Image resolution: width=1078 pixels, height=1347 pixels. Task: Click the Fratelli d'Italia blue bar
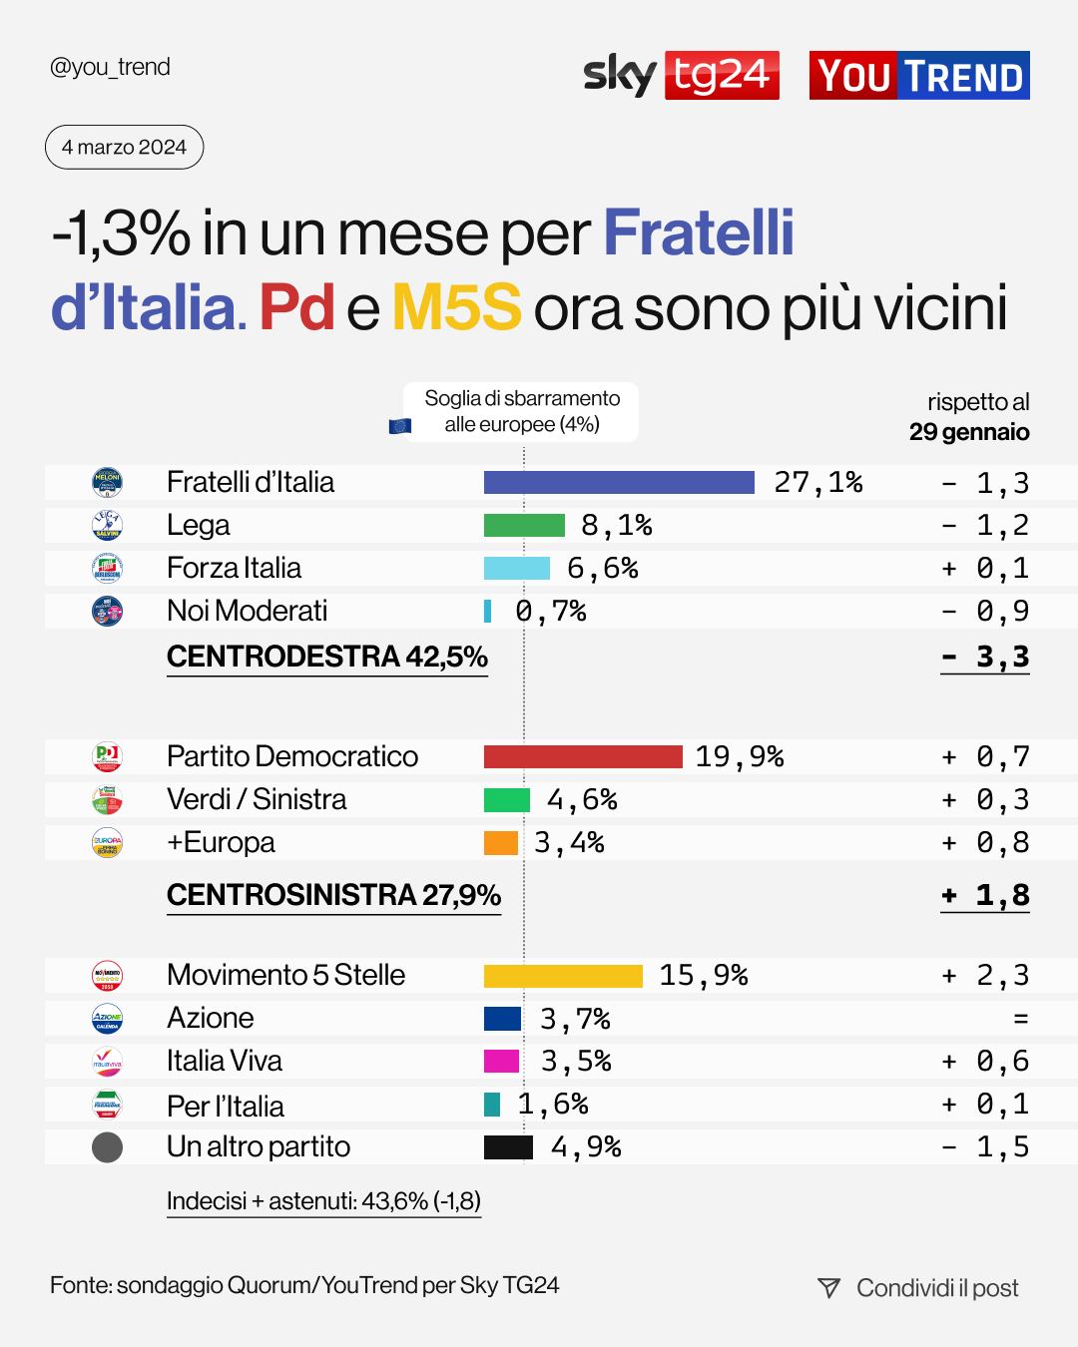pos(619,483)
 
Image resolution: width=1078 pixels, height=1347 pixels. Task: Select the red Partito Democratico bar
pos(583,756)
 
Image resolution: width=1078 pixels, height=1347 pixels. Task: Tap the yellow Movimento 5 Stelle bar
pos(563,976)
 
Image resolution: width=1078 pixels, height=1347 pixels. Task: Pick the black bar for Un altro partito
pos(508,1147)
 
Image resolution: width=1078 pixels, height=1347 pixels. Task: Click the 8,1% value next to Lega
pos(616,526)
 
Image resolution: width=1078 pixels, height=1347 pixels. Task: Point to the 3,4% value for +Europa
pos(569,843)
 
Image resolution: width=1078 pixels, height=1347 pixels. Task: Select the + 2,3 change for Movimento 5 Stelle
pos(985,976)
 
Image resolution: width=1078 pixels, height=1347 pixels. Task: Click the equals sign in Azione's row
pos(1020,1019)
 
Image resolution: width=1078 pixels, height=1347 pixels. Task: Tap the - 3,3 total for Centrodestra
pos(985,658)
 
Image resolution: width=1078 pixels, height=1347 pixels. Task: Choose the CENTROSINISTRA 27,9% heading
pos(333,895)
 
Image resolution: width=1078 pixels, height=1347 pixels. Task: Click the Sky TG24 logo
pos(681,75)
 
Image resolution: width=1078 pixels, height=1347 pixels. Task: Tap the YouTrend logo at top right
pos(919,76)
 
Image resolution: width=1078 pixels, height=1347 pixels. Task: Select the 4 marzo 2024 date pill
pos(124,148)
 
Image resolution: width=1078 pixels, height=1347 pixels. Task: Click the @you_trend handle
pos(110,67)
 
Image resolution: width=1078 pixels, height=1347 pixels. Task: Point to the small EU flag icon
pos(399,426)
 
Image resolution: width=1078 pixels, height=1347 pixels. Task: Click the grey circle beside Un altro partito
pos(107,1147)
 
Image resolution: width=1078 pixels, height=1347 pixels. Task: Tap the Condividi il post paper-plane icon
pos(828,1288)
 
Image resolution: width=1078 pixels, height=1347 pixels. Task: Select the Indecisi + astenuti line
pos(323,1201)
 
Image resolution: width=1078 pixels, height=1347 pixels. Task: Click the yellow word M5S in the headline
pos(456,307)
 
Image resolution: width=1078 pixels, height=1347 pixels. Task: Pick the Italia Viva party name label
pos(225,1062)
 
